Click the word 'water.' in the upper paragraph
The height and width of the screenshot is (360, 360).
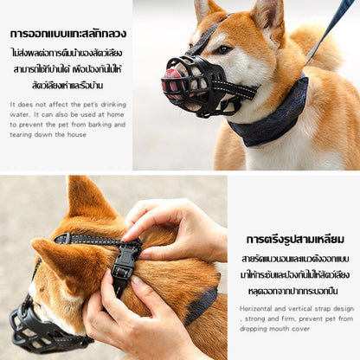[x=20, y=114]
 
